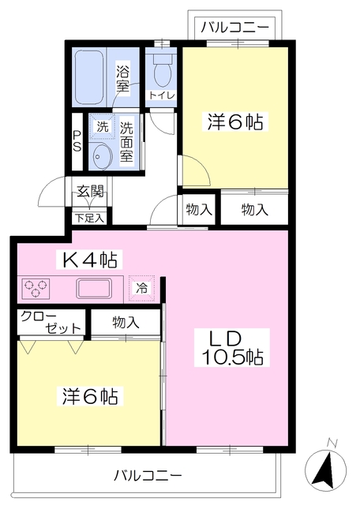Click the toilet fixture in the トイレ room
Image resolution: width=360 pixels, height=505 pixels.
pyautogui.click(x=163, y=72)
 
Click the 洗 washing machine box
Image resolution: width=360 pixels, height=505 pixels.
pyautogui.click(x=102, y=126)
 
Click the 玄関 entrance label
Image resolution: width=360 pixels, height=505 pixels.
pyautogui.click(x=89, y=190)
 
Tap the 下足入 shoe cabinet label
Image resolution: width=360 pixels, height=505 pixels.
pyautogui.click(x=90, y=215)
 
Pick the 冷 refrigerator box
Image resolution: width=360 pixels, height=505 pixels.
pyautogui.click(x=142, y=288)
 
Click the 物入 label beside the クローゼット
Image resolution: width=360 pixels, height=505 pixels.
pyautogui.click(x=126, y=321)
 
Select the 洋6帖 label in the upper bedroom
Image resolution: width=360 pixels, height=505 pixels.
pyautogui.click(x=236, y=122)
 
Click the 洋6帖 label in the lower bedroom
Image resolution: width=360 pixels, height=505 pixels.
pyautogui.click(x=90, y=395)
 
